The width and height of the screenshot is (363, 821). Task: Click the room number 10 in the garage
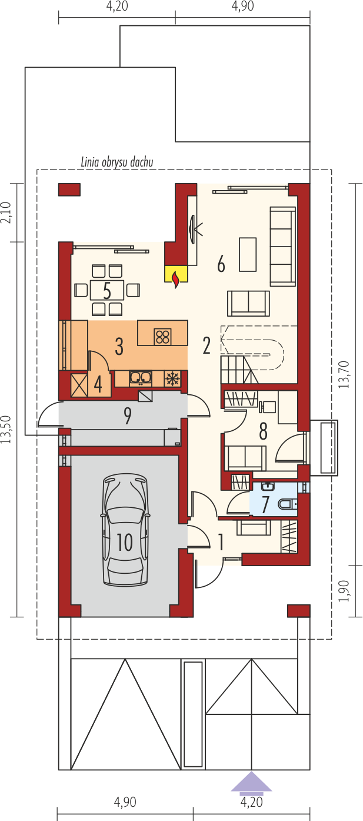coord(125,542)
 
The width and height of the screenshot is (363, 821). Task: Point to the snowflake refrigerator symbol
coord(171,378)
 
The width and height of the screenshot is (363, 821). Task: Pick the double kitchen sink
coord(140,378)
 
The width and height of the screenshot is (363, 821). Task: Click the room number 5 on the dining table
coord(106,291)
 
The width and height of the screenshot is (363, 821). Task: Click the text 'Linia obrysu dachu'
coord(117,162)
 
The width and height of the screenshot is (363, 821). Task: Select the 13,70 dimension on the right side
coord(344,374)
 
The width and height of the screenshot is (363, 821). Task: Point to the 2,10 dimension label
coord(7,212)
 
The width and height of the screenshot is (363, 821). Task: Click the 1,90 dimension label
coord(344,591)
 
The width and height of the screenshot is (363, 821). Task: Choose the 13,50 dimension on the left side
coord(6,430)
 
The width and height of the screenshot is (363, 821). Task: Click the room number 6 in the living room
coord(221,264)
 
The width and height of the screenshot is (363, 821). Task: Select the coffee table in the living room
coord(248,254)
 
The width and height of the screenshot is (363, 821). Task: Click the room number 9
coord(127,416)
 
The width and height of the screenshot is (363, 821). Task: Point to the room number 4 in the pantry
coord(98,384)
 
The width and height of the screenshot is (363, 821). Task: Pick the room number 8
coord(263,431)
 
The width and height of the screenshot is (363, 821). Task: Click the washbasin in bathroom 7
coord(268,486)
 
